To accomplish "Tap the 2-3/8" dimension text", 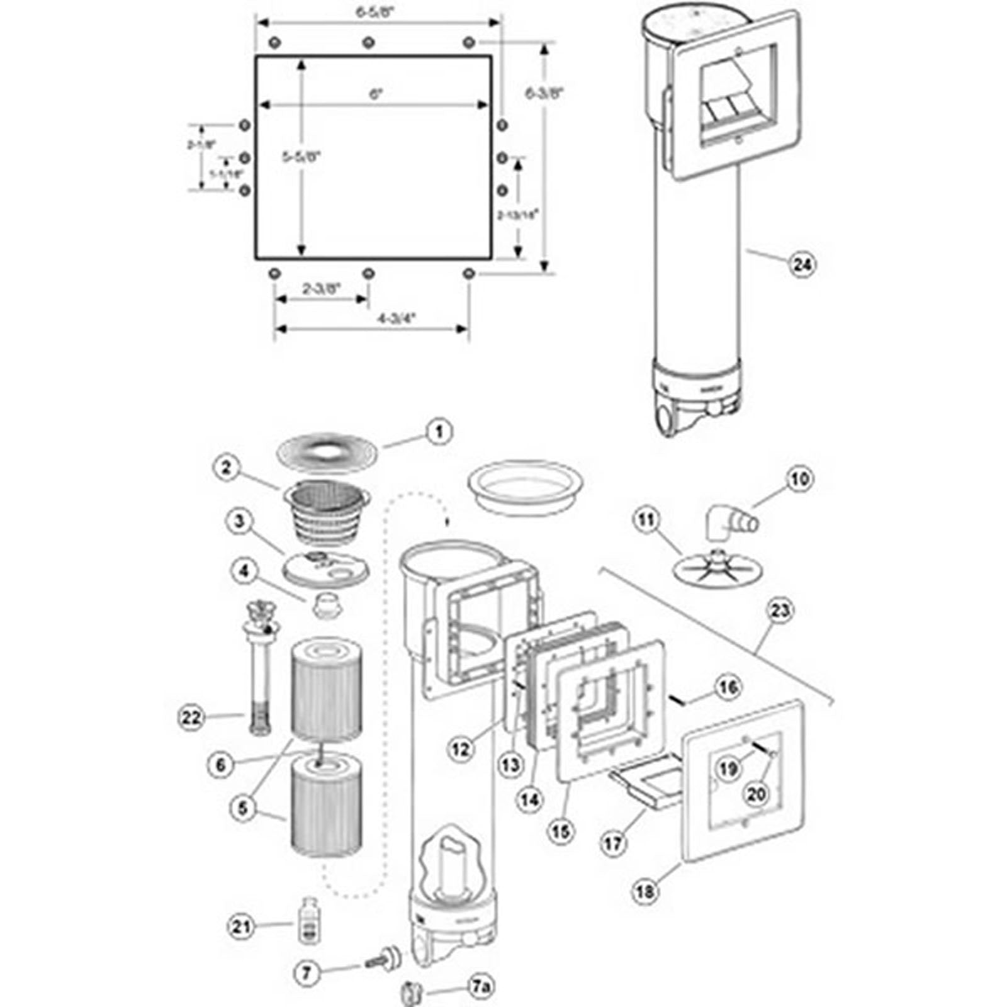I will click(322, 288).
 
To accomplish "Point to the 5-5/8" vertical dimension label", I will click(301, 157).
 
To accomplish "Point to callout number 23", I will click(780, 610).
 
